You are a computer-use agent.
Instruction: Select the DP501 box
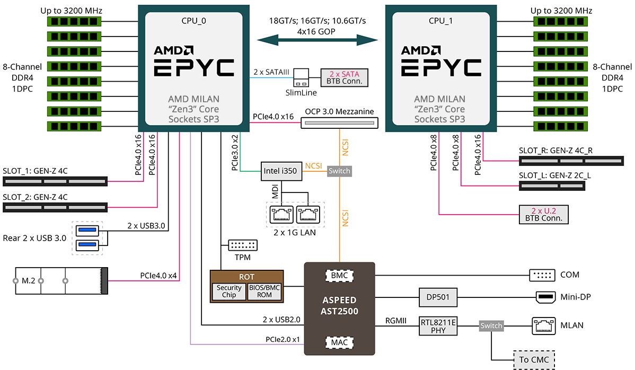[437, 297]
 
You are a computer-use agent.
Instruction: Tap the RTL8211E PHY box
[437, 325]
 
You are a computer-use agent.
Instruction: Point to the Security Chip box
[229, 292]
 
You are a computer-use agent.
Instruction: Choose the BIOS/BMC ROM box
[265, 292]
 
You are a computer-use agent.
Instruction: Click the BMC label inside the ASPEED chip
[339, 276]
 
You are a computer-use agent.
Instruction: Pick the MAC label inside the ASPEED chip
[339, 342]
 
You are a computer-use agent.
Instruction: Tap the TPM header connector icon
[242, 245]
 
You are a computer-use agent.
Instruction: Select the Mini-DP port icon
[544, 297]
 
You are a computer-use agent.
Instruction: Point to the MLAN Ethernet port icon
[543, 325]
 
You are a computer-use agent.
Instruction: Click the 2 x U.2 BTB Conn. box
[543, 214]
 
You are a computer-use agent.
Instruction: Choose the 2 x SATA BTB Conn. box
[345, 77]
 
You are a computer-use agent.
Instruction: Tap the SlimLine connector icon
[301, 77]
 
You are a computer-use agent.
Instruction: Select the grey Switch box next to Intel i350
[339, 171]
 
